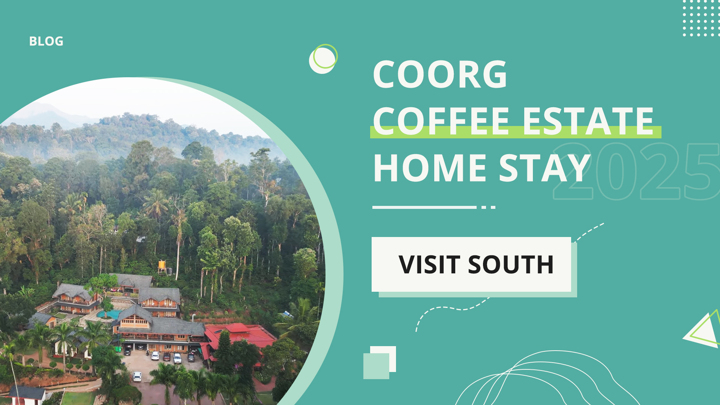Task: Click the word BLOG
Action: (46, 41)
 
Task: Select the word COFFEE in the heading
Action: (441, 121)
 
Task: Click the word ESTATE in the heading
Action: (588, 121)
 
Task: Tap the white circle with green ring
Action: (323, 59)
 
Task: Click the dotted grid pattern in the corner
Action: (700, 19)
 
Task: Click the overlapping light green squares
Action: (379, 363)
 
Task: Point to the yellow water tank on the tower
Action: (162, 265)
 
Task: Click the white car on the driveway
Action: (137, 376)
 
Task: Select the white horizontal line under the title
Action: (424, 207)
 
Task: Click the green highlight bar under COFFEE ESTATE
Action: (516, 133)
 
